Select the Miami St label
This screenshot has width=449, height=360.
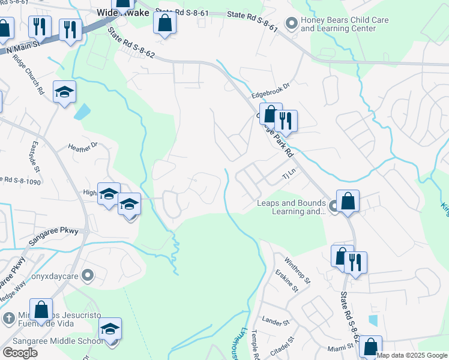[x=325, y=347]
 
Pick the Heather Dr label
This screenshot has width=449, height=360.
[x=82, y=146]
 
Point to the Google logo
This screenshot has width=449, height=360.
[x=20, y=353]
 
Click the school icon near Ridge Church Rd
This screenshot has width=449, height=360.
[x=64, y=92]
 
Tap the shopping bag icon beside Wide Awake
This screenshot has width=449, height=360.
[x=164, y=23]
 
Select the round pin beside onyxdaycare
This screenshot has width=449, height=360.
[x=88, y=275]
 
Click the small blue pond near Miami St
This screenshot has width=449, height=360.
[x=373, y=320]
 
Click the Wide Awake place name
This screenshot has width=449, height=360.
[x=123, y=12]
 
